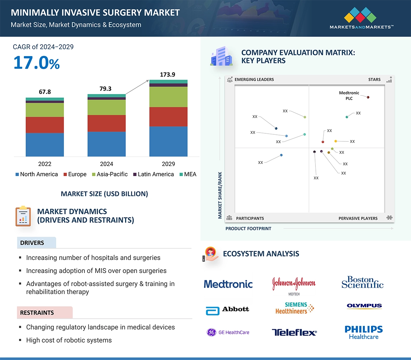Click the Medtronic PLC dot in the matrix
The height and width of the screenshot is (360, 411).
tap(368, 97)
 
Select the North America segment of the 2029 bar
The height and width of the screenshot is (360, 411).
tap(168, 141)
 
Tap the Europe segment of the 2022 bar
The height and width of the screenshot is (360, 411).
tap(45, 125)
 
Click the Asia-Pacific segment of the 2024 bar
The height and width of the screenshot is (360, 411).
tap(106, 107)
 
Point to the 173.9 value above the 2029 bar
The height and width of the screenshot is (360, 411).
tap(167, 74)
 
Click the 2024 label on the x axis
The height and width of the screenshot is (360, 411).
tap(106, 164)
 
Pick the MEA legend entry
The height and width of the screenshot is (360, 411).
tap(188, 174)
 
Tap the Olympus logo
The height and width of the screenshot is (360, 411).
tap(364, 306)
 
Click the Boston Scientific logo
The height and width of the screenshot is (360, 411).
tap(363, 282)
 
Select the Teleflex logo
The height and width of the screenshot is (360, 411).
tap(294, 332)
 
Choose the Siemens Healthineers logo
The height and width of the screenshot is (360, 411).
tap(294, 308)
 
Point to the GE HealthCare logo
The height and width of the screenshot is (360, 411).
tap(228, 332)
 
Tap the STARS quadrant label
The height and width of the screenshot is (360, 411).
tap(374, 80)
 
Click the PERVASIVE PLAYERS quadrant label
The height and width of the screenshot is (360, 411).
tap(358, 218)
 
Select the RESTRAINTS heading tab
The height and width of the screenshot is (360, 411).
tap(37, 313)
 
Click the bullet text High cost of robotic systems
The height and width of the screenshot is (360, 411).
tap(69, 340)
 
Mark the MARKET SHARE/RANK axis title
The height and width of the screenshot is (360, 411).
tap(220, 195)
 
